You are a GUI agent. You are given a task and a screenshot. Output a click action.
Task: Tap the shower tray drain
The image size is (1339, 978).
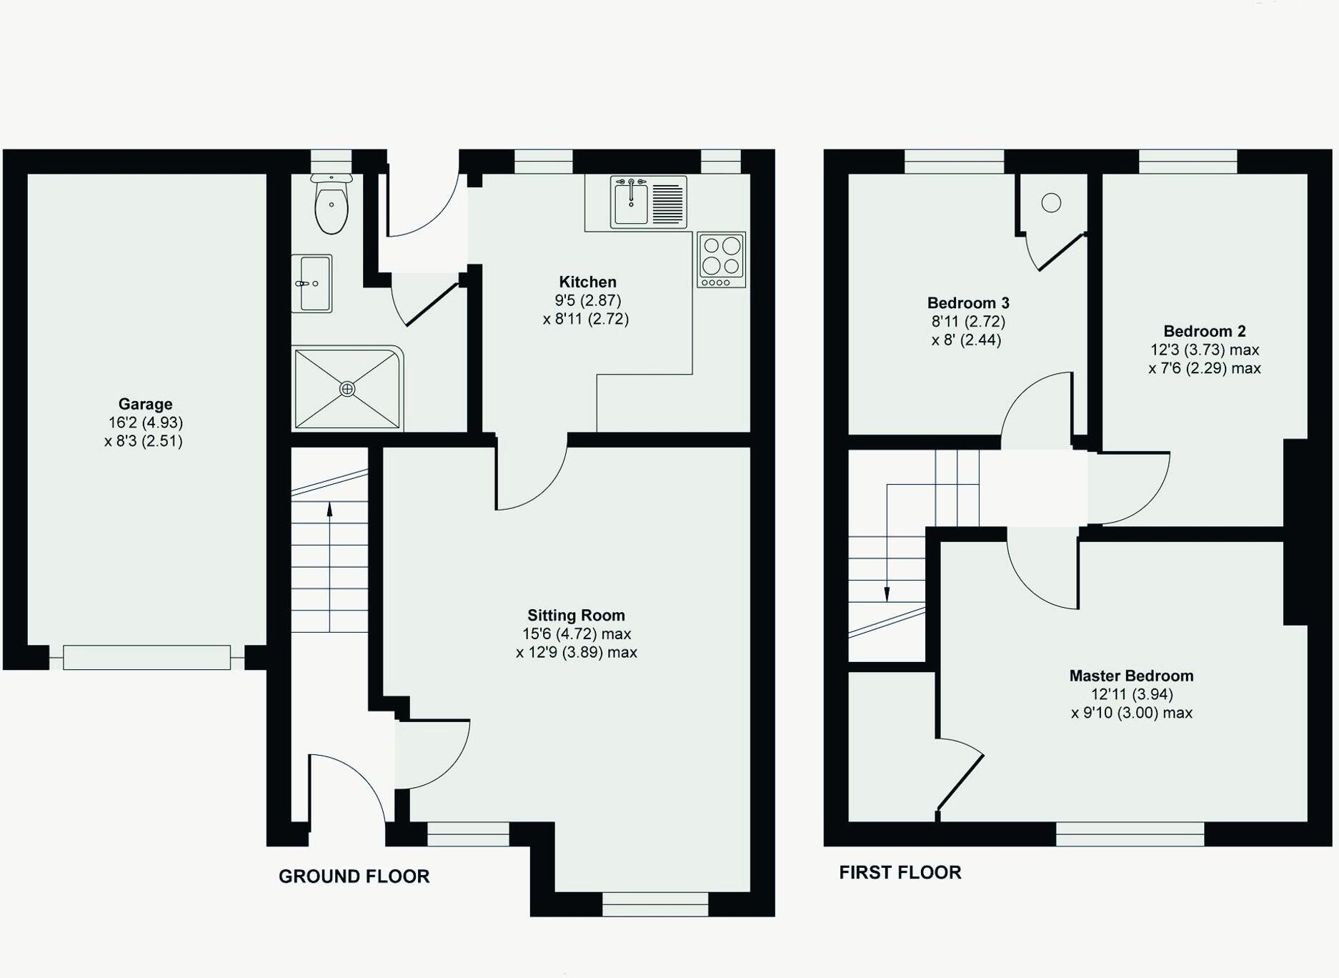coord(347,389)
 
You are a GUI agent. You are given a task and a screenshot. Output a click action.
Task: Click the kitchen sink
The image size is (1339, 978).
coord(632,202)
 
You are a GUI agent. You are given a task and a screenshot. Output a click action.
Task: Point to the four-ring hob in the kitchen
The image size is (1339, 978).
coord(721,256)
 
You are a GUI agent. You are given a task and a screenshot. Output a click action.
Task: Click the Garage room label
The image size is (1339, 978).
coord(145,404)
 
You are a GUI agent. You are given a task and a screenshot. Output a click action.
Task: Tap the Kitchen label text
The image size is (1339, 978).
coord(587,282)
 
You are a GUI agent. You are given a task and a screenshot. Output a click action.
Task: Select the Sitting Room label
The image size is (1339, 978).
coord(576,616)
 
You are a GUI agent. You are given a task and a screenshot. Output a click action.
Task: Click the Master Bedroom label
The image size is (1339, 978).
coord(1131,676)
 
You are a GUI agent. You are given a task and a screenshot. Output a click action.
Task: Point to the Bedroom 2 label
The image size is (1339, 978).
coord(1204,331)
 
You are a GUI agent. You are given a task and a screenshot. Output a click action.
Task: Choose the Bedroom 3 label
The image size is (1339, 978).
coord(967,303)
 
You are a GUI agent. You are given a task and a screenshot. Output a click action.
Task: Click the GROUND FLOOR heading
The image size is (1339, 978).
coord(354,876)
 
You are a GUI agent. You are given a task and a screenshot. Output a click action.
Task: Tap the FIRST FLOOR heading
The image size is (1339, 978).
coord(900,872)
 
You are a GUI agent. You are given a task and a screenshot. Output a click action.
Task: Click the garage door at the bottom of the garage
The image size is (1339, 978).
coord(146,657)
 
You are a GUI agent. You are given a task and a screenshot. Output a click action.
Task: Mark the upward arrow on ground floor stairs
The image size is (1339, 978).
coord(329,509)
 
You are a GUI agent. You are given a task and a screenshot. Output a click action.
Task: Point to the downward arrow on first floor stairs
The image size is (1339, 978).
coord(887,593)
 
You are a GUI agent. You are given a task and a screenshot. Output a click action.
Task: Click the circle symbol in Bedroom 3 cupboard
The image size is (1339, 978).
coord(1051,203)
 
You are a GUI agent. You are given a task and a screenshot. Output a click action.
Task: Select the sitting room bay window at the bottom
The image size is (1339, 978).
coord(655,904)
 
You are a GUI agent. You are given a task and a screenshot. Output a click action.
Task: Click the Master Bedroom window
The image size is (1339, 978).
coord(1130,834)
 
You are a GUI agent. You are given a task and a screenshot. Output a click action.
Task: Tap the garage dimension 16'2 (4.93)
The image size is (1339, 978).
coord(145,423)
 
